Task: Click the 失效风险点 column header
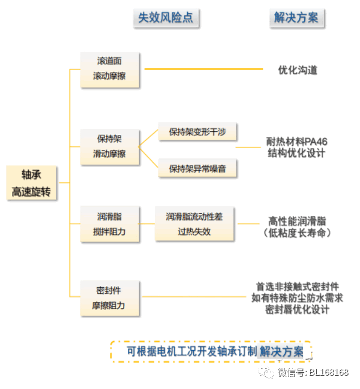click(166, 18)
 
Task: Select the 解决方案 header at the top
click(296, 18)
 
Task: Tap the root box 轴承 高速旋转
click(31, 183)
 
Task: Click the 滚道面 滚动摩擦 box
click(110, 69)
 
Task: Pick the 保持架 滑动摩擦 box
click(110, 146)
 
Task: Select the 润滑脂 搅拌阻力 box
click(110, 224)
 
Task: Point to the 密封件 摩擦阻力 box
click(110, 298)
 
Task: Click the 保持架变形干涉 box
click(197, 132)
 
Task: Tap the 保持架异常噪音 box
click(197, 168)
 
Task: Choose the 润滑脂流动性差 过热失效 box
click(194, 224)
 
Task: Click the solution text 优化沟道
click(298, 70)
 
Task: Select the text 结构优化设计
click(297, 153)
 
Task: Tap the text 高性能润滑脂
click(298, 221)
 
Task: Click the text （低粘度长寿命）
click(298, 233)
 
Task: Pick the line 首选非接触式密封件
click(297, 286)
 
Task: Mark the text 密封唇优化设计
click(297, 309)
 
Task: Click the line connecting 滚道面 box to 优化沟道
click(204, 69)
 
